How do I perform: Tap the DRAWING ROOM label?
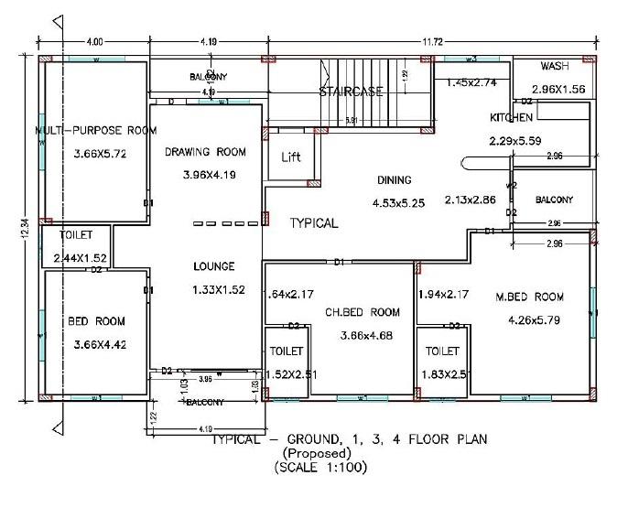(x=206, y=152)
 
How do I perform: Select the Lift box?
(x=290, y=157)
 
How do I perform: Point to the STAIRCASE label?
(x=351, y=92)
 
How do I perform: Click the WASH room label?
(x=555, y=67)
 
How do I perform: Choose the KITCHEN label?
(x=511, y=118)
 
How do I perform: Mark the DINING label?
(x=394, y=180)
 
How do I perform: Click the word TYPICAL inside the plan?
(x=314, y=223)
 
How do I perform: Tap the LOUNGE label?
(x=213, y=266)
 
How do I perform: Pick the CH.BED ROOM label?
(x=363, y=312)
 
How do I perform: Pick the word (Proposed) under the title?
(x=316, y=453)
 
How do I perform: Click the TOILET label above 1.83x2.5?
(x=442, y=351)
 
